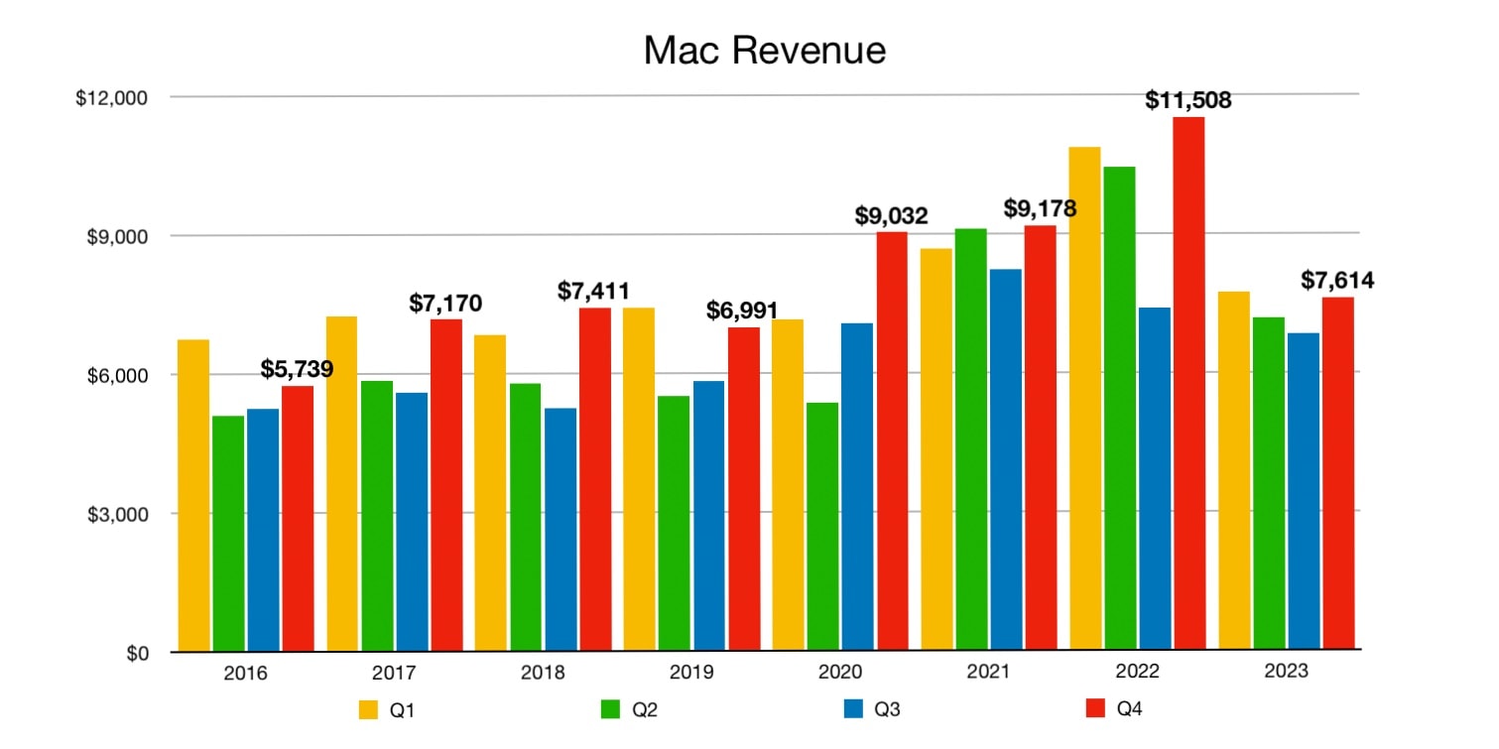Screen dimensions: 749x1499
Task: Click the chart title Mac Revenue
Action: pos(764,51)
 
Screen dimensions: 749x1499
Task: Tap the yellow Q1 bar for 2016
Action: pos(193,495)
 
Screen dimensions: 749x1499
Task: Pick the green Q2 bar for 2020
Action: pos(823,527)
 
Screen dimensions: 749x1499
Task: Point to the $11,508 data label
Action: pos(1187,99)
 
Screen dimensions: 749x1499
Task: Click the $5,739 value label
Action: pos(297,369)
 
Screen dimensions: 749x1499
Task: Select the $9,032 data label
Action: pos(892,215)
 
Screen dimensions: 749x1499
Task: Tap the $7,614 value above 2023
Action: pos(1337,281)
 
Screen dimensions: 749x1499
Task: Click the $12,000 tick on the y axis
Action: pos(111,98)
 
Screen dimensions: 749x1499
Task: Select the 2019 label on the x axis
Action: pos(691,673)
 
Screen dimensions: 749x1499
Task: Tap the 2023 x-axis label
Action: pos(1287,672)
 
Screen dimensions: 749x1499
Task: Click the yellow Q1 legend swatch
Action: pos(368,709)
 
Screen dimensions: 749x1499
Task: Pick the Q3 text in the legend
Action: pos(888,709)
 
